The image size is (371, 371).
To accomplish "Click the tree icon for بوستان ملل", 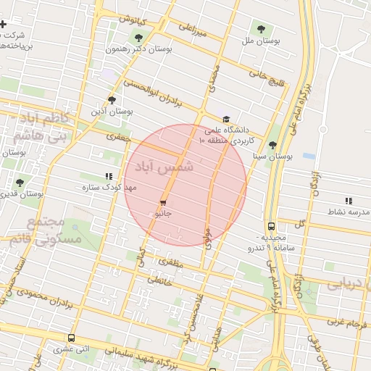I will tap(261, 29).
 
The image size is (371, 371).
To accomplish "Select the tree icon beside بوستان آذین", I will tap(112, 100).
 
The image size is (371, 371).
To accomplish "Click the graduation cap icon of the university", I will tap(226, 120).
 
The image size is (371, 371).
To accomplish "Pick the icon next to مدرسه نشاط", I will tap(349, 201).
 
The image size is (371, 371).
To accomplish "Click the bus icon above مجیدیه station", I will tap(271, 226).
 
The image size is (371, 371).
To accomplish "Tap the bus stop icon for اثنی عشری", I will tap(71, 338).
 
